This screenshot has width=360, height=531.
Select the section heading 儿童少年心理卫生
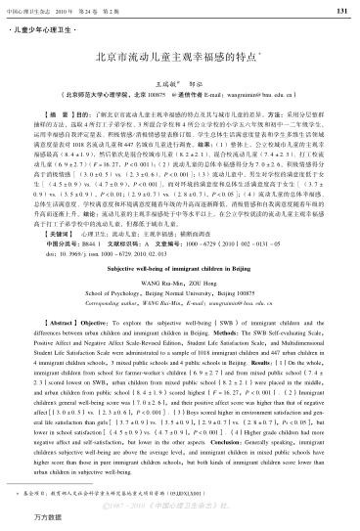tap(45, 30)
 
